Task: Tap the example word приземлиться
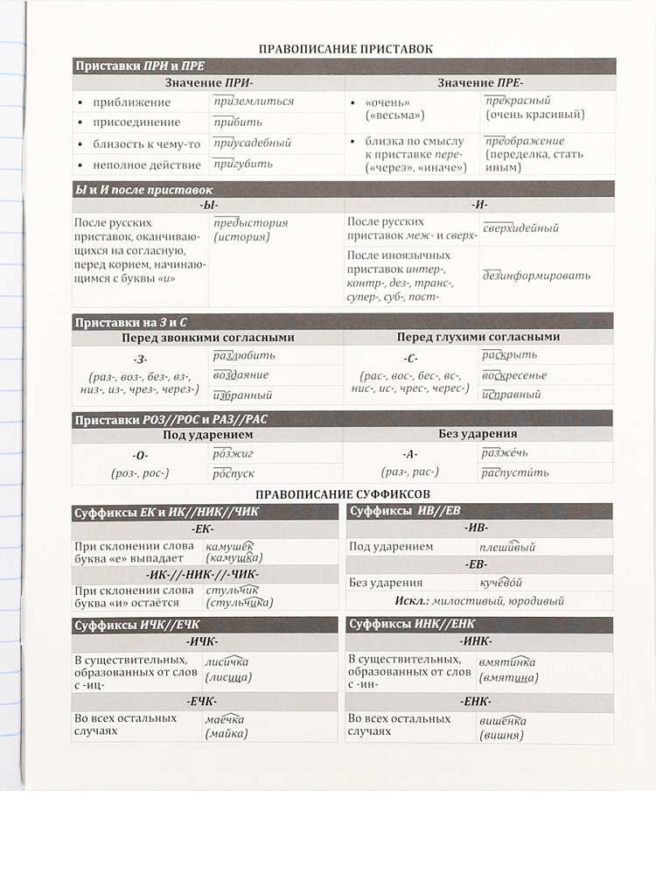254,101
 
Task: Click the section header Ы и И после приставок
143,189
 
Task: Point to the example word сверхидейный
520,228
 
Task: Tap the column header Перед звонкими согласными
207,337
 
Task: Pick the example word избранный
243,395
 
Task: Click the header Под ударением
208,434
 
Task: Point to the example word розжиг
233,453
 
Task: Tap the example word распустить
515,473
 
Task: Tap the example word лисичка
227,661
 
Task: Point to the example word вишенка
502,721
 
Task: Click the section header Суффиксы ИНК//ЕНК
408,624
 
